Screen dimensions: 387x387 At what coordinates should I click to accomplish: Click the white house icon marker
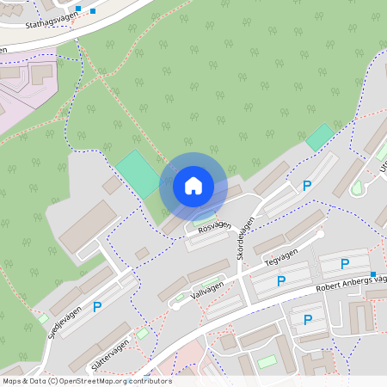(193, 185)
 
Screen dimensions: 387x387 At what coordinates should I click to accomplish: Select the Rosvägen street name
(214, 226)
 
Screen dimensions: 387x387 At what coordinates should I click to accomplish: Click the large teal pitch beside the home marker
(138, 174)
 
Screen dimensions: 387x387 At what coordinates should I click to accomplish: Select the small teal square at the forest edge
(320, 136)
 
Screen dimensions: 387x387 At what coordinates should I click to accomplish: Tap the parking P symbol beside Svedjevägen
(97, 306)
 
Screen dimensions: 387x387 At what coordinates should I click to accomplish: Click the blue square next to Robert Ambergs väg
(373, 274)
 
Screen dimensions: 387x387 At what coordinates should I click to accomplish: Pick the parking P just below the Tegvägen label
(281, 280)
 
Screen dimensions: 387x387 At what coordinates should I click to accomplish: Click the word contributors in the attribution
(149, 380)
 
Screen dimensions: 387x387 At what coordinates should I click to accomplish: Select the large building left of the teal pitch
(87, 226)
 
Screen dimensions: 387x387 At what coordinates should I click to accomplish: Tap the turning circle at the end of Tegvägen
(321, 233)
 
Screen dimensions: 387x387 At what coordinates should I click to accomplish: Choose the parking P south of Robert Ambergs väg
(309, 319)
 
